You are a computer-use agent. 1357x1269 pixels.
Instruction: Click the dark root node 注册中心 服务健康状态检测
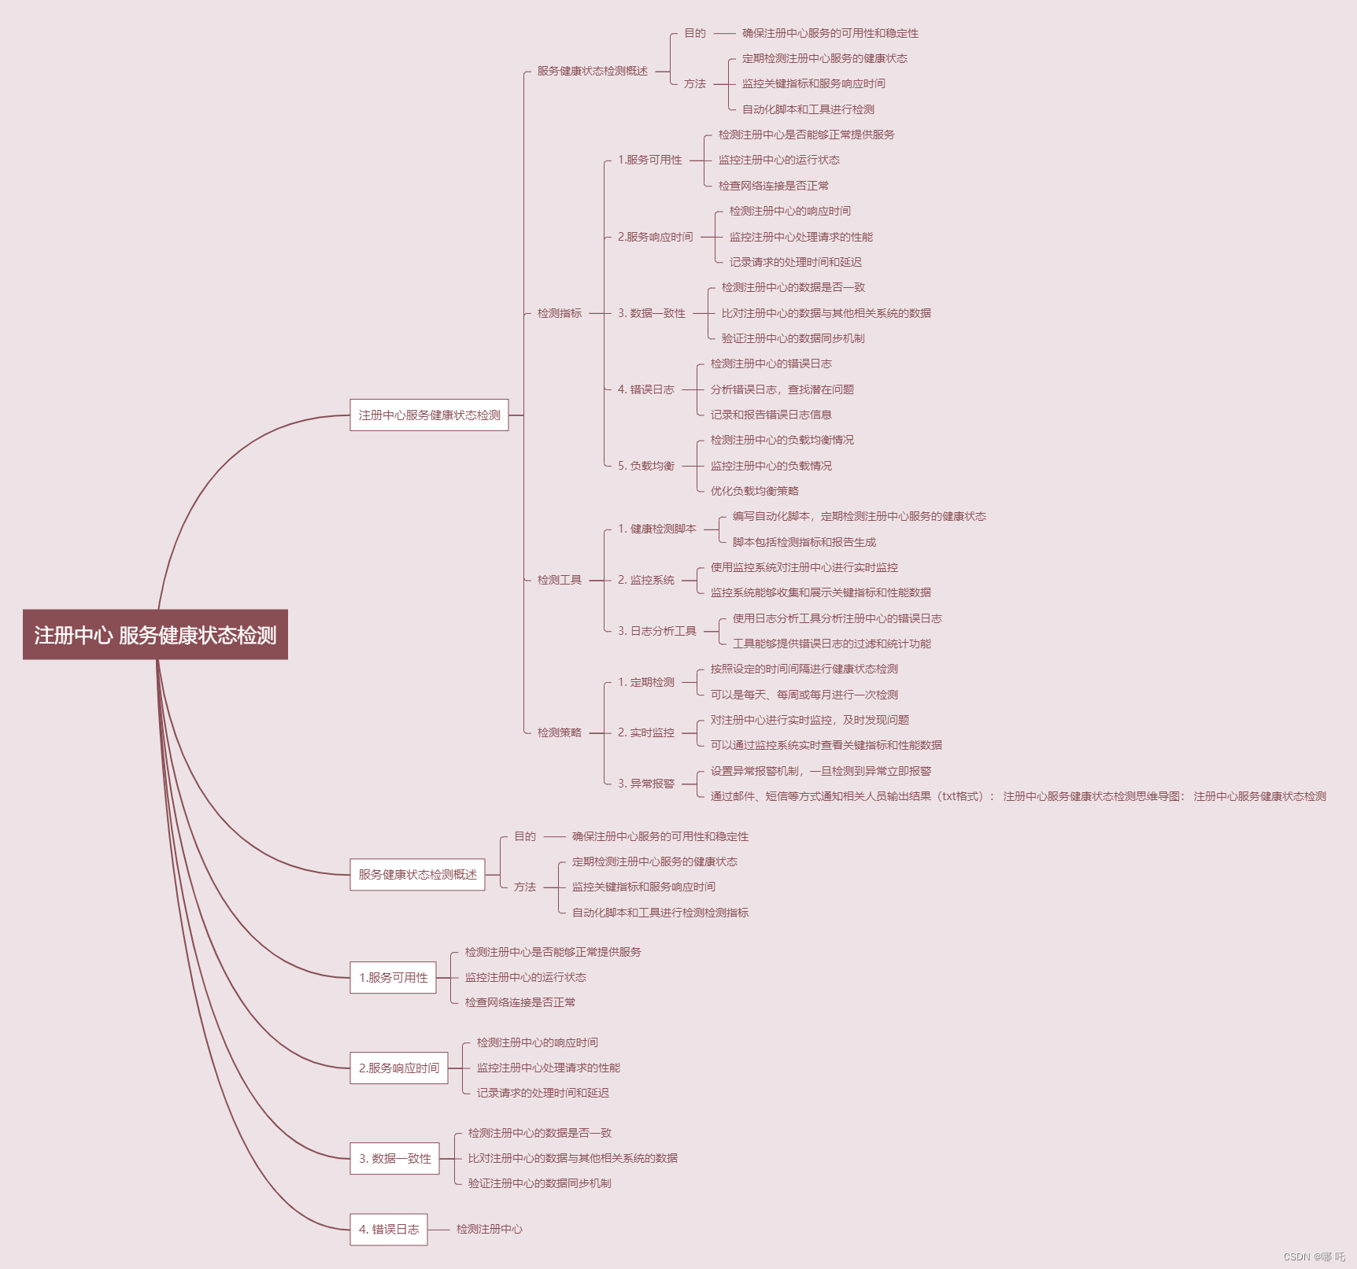tap(155, 634)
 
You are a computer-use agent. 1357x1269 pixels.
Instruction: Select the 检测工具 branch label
tap(560, 580)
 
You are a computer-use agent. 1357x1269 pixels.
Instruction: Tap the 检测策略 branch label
tap(560, 732)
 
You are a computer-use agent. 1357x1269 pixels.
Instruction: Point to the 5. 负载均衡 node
tap(646, 466)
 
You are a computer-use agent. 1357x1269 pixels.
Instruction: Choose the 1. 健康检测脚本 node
tap(657, 529)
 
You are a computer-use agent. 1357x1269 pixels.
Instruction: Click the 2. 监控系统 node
tap(646, 580)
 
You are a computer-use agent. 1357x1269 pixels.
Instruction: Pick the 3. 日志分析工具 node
tap(657, 631)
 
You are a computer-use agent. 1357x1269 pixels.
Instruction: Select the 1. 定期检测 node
tap(646, 682)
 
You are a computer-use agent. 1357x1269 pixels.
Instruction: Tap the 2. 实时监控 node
tap(646, 732)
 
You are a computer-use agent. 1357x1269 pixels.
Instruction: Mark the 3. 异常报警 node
tap(646, 784)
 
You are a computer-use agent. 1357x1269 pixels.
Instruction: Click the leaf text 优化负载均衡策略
tap(754, 491)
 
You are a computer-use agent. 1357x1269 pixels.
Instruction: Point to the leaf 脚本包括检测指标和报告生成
tap(804, 542)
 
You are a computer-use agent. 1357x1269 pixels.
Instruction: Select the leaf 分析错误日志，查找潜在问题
tap(782, 389)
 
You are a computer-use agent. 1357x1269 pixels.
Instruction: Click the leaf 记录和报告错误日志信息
tap(771, 415)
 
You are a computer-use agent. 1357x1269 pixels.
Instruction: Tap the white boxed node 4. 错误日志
tap(389, 1229)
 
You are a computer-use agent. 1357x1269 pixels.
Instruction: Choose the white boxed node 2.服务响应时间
tap(399, 1068)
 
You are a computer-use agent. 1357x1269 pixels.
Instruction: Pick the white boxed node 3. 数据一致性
tap(395, 1158)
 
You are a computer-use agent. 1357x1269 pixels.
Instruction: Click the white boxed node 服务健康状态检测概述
tap(417, 874)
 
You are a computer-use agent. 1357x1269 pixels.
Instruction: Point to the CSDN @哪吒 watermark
tap(1314, 1256)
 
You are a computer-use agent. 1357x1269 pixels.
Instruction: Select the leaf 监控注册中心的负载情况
tap(771, 466)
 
